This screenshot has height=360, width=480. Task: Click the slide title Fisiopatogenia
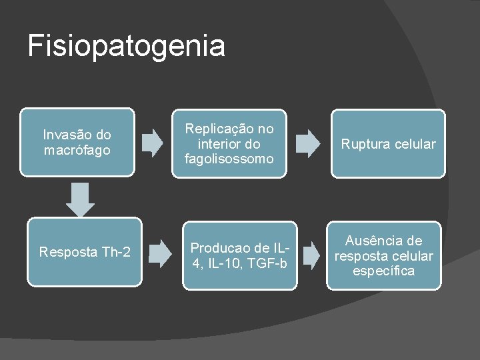pos(127,46)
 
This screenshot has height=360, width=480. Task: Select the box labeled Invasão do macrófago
pos(77,143)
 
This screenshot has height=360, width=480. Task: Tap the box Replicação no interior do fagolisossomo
pos(229,143)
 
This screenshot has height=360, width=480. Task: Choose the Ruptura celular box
pos(388,144)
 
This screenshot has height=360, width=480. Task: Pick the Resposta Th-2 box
pos(85,252)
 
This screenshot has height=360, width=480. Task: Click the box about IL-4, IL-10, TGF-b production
pos(239,255)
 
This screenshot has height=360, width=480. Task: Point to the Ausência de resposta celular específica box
pos(383,256)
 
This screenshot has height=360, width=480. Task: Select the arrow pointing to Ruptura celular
pos(307,143)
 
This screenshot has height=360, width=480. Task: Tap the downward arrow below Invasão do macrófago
pos(81,199)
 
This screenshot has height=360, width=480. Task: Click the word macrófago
pos(77,150)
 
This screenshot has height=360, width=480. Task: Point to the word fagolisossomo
pos(229,159)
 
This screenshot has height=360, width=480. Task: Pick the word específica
pos(383,271)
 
